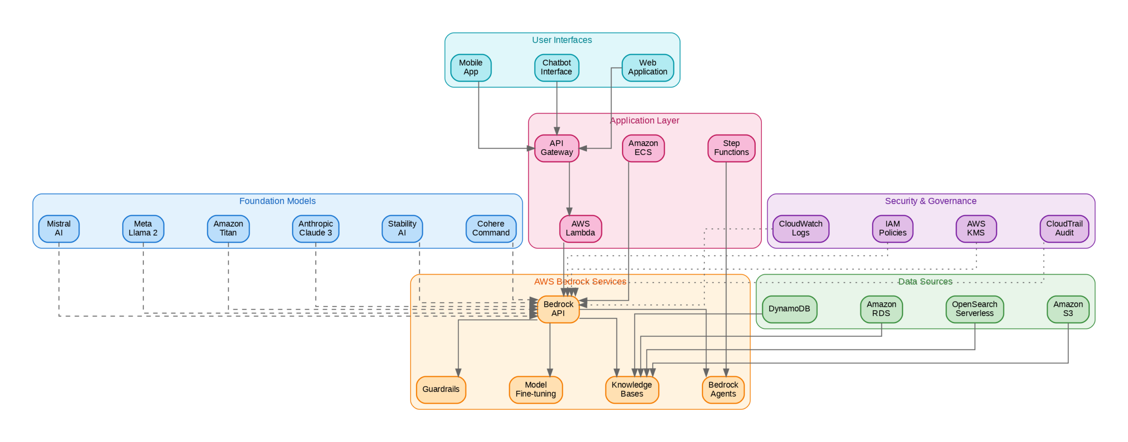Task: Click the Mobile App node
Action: [x=471, y=67]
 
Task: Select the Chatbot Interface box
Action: [x=557, y=67]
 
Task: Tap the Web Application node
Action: [x=647, y=67]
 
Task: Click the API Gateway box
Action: [x=557, y=148]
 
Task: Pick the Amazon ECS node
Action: [x=643, y=148]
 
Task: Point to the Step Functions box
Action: [x=731, y=148]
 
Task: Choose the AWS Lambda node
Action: [x=580, y=228]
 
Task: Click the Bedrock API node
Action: [x=558, y=309]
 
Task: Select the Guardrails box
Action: [x=441, y=390]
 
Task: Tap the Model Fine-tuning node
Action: [x=535, y=390]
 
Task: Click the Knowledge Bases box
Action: [x=631, y=390]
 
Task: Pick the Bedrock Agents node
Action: [x=723, y=390]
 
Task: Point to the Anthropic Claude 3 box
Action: [x=315, y=228]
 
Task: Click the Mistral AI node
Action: [x=59, y=228]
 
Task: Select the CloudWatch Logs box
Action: [x=800, y=228]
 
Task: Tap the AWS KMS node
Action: [x=976, y=228]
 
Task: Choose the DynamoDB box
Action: [x=789, y=309]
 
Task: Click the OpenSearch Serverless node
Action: [x=974, y=309]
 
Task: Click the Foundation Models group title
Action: [x=277, y=201]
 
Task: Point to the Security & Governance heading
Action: [x=930, y=201]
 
